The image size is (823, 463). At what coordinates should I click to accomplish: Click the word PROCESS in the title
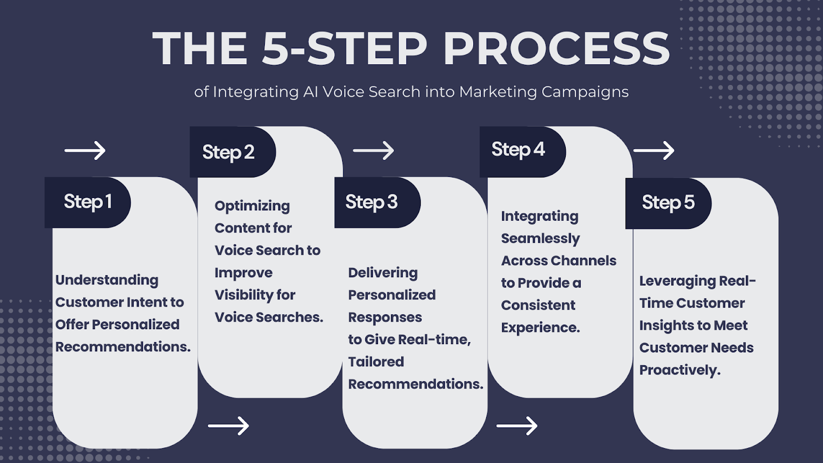(557, 49)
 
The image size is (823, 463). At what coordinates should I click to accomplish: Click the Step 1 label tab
(87, 202)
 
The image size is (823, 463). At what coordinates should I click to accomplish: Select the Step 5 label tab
(668, 203)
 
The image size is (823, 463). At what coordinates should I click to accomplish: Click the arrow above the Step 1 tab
(85, 151)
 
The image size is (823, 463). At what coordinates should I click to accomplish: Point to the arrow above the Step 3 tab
(373, 151)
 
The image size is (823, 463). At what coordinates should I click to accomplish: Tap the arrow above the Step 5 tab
(654, 151)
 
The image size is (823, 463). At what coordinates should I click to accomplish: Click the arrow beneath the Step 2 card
(228, 426)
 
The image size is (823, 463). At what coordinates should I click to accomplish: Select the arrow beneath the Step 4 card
(517, 426)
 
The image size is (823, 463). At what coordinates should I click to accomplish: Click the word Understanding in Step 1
(107, 280)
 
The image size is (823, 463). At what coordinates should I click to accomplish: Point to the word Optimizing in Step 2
(252, 206)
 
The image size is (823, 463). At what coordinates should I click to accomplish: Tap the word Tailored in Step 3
(376, 362)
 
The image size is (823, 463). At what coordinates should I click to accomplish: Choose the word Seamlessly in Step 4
(540, 239)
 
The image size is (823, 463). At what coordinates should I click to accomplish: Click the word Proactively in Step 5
(679, 370)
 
